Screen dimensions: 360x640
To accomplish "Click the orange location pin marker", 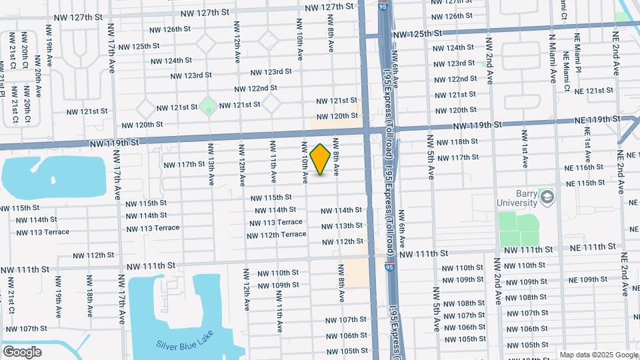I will (x=320, y=159).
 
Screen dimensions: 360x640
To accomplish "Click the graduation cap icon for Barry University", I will (x=547, y=196).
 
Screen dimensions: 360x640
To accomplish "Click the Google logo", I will (x=22, y=351).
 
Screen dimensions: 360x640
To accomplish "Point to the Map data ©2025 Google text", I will (x=598, y=355).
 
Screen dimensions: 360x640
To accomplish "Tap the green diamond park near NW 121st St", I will (x=208, y=105).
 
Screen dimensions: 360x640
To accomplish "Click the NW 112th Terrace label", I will (x=276, y=235).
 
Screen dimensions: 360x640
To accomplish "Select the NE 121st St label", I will (x=593, y=90).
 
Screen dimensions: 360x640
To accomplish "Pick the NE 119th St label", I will (x=598, y=119).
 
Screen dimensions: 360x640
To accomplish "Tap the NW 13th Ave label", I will (x=211, y=163).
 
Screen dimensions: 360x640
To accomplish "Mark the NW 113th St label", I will (x=341, y=226).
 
